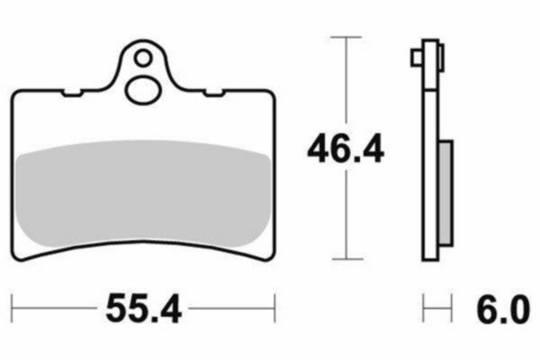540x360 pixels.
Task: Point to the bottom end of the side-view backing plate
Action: click(432, 260)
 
